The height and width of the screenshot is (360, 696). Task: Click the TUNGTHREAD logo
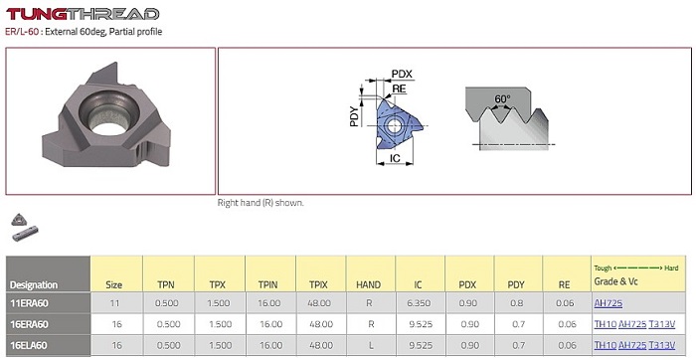click(x=83, y=14)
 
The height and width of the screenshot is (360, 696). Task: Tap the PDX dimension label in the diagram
click(x=402, y=74)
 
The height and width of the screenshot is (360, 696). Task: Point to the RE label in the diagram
click(x=399, y=89)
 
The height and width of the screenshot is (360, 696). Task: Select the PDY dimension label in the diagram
click(x=354, y=116)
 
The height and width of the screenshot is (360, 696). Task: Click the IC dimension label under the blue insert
click(x=395, y=158)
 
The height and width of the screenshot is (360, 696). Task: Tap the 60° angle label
click(x=502, y=98)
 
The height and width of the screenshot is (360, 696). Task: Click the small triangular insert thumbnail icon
click(x=20, y=220)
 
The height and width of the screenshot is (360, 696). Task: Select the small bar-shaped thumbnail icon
click(x=25, y=234)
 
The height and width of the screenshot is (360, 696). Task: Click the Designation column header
click(x=34, y=285)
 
